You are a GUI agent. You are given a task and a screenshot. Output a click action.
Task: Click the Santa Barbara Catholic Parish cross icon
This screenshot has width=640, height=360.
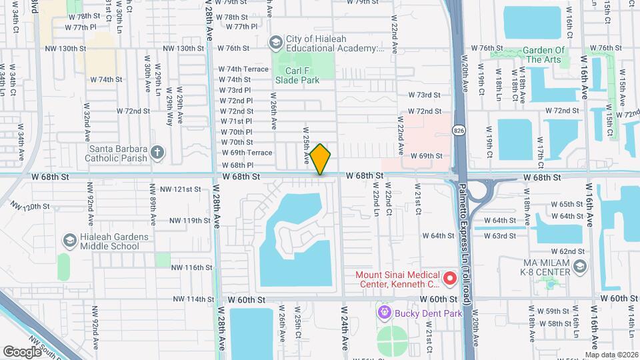tap(157, 153)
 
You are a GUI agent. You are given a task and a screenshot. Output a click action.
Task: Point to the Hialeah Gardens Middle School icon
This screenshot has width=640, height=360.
tap(69, 240)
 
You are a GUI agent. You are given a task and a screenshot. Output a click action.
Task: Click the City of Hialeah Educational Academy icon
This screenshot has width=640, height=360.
tap(275, 43)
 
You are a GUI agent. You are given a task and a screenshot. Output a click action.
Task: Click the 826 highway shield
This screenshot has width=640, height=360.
tap(458, 128)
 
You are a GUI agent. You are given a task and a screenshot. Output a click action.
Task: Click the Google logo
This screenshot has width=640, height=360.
tap(22, 351)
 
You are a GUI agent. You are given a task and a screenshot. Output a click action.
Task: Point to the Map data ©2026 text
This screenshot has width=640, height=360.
tap(611, 355)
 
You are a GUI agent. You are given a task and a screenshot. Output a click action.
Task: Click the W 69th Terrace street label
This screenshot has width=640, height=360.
tap(247, 153)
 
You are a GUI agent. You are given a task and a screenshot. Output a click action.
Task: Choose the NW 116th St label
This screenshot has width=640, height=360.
tap(191, 267)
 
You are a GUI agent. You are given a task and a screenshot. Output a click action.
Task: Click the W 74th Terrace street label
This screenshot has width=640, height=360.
tap(243, 69)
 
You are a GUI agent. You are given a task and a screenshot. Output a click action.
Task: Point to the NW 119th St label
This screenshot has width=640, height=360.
tap(190, 221)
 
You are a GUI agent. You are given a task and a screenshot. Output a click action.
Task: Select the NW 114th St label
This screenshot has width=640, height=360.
tap(191, 299)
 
